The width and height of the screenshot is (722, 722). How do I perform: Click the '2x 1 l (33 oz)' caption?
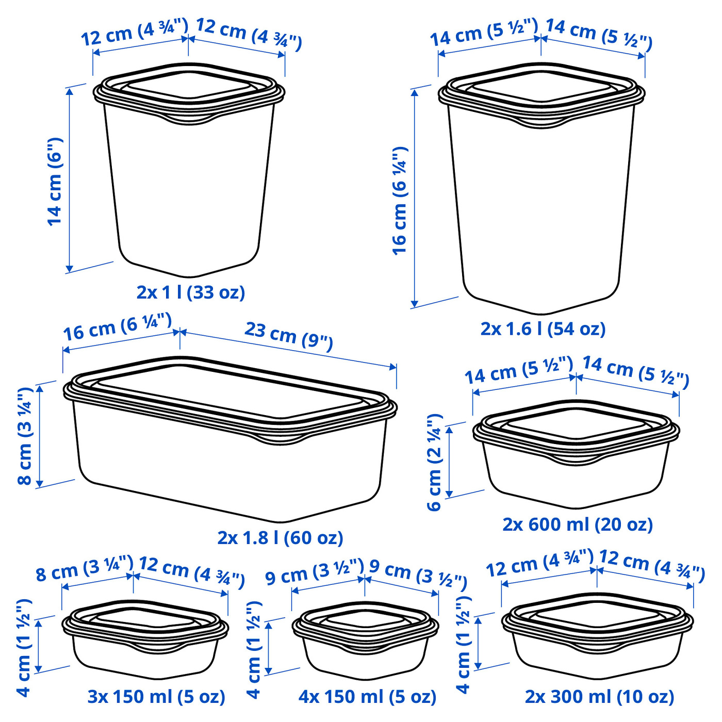(191, 292)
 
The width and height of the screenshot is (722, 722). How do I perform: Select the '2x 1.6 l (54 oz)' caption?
(543, 329)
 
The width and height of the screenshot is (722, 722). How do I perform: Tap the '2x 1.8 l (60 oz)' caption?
(280, 538)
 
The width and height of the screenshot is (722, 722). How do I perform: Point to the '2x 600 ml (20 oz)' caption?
(578, 524)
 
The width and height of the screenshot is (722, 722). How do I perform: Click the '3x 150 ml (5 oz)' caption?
(156, 697)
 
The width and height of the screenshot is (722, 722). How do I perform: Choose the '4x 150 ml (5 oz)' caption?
(367, 697)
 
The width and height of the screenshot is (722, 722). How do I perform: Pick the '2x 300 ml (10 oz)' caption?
(599, 697)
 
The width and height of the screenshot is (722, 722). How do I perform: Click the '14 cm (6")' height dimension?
(55, 182)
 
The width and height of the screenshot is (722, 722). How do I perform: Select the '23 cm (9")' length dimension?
(289, 336)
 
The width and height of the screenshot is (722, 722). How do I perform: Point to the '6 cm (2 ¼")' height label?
(435, 462)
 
